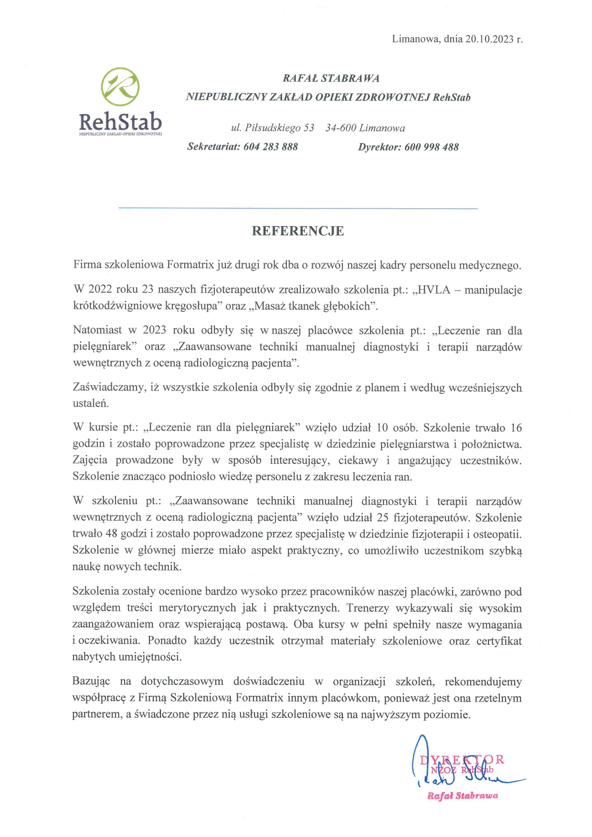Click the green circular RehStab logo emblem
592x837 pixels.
[x=120, y=87]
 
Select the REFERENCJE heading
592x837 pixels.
[x=298, y=231]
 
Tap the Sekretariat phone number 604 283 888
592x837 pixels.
[x=271, y=147]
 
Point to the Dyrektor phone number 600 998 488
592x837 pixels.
[x=432, y=147]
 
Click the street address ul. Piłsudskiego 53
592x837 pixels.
[x=273, y=128]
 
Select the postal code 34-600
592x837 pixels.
[x=341, y=128]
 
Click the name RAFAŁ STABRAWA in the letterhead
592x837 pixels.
[x=331, y=78]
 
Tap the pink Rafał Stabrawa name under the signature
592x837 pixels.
[x=463, y=795]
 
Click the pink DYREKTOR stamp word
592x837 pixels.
[x=462, y=760]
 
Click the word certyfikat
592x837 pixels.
[x=499, y=640]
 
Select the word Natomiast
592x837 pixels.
[x=97, y=331]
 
